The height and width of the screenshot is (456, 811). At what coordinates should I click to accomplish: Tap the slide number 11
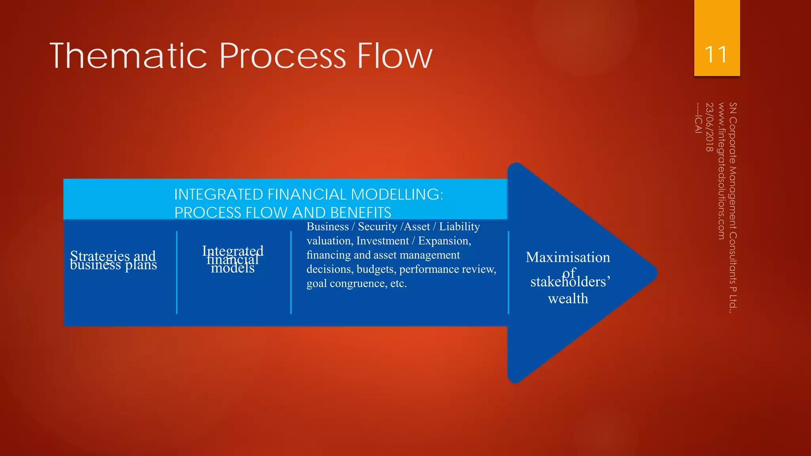716,55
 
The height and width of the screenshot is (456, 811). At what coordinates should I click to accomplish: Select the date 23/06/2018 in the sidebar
710,127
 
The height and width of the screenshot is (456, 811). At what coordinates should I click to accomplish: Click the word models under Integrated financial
233,269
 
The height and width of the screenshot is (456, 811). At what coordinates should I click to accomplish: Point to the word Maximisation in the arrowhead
568,257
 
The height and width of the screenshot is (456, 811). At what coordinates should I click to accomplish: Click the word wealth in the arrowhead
568,298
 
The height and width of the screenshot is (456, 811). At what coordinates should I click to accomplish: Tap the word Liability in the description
459,226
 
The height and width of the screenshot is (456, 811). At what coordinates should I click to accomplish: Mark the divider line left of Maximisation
508,273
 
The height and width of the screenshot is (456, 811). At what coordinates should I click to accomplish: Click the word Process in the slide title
283,56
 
